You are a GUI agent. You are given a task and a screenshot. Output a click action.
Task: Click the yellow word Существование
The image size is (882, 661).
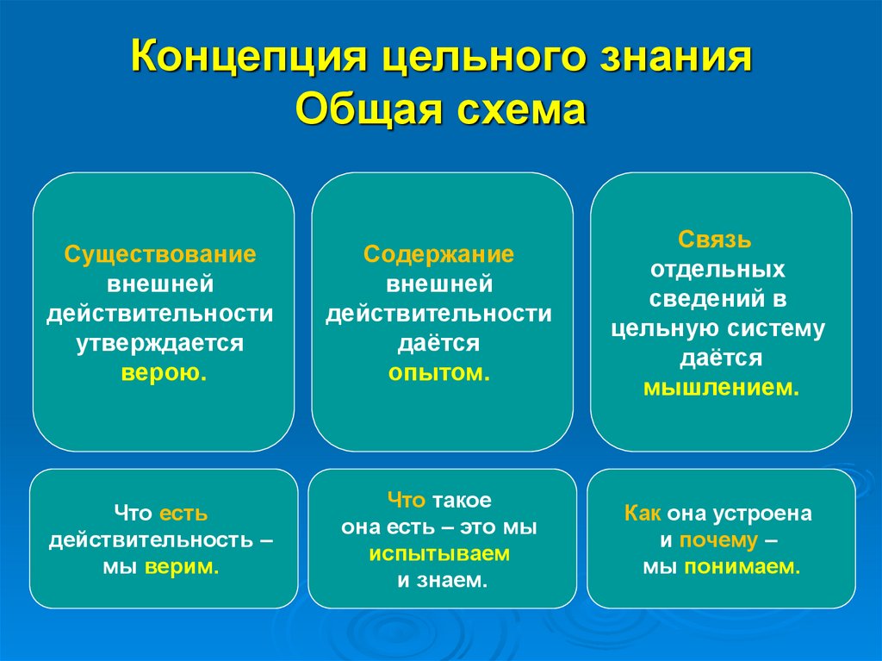coord(161,254)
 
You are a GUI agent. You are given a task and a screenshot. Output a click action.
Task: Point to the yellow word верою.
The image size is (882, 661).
coord(164,373)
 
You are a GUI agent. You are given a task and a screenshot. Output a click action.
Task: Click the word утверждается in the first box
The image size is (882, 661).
coord(160,343)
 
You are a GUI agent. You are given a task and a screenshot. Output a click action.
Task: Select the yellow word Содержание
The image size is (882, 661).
coord(438,254)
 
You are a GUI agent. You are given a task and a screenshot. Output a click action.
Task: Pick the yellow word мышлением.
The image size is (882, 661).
coord(721,388)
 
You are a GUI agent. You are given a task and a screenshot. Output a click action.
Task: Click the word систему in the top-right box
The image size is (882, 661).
coord(780,328)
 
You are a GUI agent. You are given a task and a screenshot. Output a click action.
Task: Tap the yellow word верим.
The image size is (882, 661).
coord(182,567)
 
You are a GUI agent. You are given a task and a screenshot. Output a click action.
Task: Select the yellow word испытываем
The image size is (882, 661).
coord(439,553)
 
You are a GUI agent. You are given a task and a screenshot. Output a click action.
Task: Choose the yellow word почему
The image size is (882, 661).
coord(718,540)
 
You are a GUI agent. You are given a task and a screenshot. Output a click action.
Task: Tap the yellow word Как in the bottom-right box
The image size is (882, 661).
coord(643,514)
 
